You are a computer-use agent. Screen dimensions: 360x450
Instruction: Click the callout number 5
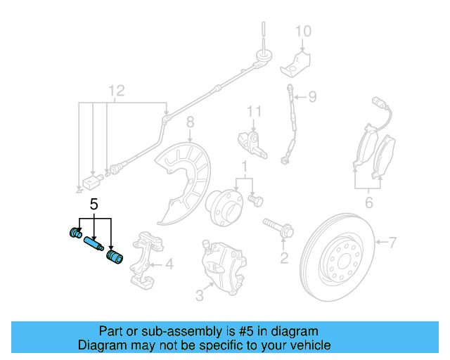click(94, 206)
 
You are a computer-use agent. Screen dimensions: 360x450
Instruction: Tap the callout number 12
click(115, 91)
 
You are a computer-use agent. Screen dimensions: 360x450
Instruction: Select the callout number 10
click(302, 31)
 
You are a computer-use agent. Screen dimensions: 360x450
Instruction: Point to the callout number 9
click(313, 96)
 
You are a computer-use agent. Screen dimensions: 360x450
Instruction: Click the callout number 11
click(253, 111)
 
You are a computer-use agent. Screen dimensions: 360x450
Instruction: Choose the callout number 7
click(392, 243)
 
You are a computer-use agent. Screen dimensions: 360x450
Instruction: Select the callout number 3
click(199, 296)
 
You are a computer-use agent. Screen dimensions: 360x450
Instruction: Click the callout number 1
click(244, 167)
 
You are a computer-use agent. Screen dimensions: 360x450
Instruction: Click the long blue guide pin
click(94, 245)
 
